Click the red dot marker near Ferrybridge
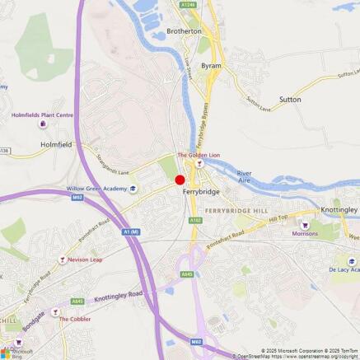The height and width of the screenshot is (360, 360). (x=180, y=180)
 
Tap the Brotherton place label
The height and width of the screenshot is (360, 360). (x=184, y=31)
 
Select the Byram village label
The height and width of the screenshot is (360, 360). (x=212, y=65)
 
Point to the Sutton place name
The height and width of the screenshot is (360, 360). (x=290, y=99)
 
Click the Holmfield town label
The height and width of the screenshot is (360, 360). (x=56, y=144)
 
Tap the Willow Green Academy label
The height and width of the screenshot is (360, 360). (x=97, y=189)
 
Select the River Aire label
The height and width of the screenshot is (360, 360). (x=245, y=177)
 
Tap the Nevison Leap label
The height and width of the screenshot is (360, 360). (x=85, y=259)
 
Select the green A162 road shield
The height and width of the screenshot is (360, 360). (x=195, y=220)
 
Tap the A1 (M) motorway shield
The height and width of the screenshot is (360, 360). (x=130, y=231)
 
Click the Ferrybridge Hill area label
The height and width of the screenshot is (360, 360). (x=237, y=212)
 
